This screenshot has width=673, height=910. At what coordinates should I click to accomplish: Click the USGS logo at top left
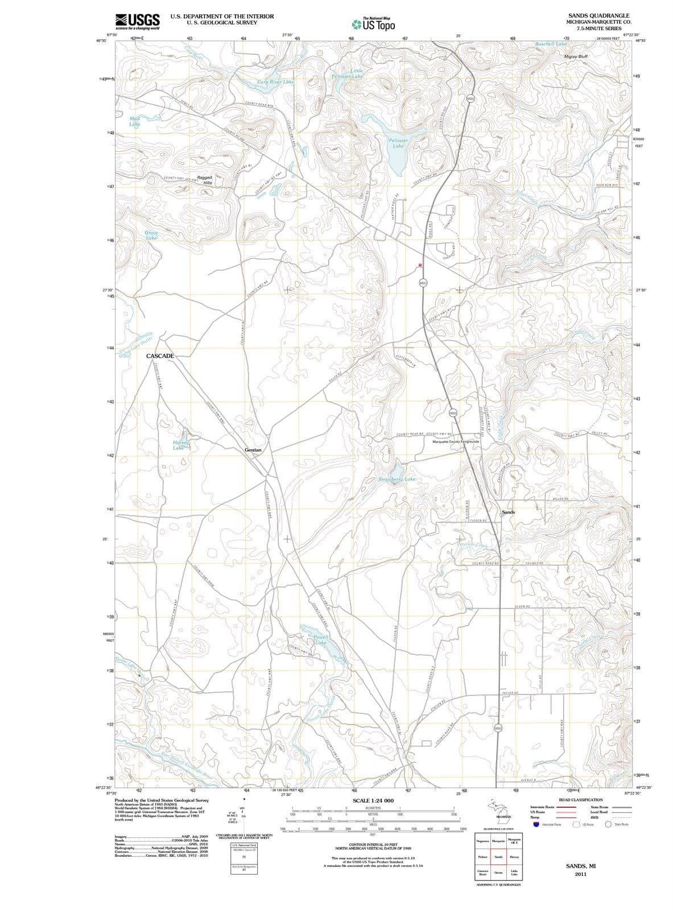click(x=137, y=21)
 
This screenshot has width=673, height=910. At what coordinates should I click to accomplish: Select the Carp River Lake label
click(x=276, y=82)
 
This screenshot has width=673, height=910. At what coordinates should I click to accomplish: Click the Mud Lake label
click(x=134, y=121)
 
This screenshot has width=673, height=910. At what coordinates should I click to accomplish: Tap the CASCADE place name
click(x=160, y=355)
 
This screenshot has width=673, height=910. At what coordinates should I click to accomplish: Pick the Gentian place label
click(x=253, y=450)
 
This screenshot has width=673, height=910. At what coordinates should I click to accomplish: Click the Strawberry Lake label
click(x=397, y=479)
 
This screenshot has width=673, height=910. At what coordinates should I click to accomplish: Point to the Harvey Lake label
click(x=179, y=445)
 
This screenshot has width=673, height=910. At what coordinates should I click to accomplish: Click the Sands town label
click(x=508, y=512)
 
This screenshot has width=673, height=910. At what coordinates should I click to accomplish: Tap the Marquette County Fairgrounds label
click(x=456, y=441)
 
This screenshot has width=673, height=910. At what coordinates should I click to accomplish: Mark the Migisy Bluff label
click(x=575, y=57)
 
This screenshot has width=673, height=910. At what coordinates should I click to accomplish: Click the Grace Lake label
click(x=151, y=235)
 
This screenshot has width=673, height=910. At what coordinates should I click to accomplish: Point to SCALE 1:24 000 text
click(x=373, y=801)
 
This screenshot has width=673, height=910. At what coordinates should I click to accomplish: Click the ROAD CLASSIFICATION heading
click(x=580, y=800)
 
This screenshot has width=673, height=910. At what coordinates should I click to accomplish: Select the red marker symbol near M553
click(x=420, y=265)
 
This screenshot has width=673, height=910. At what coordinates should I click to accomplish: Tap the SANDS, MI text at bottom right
click(x=580, y=866)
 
